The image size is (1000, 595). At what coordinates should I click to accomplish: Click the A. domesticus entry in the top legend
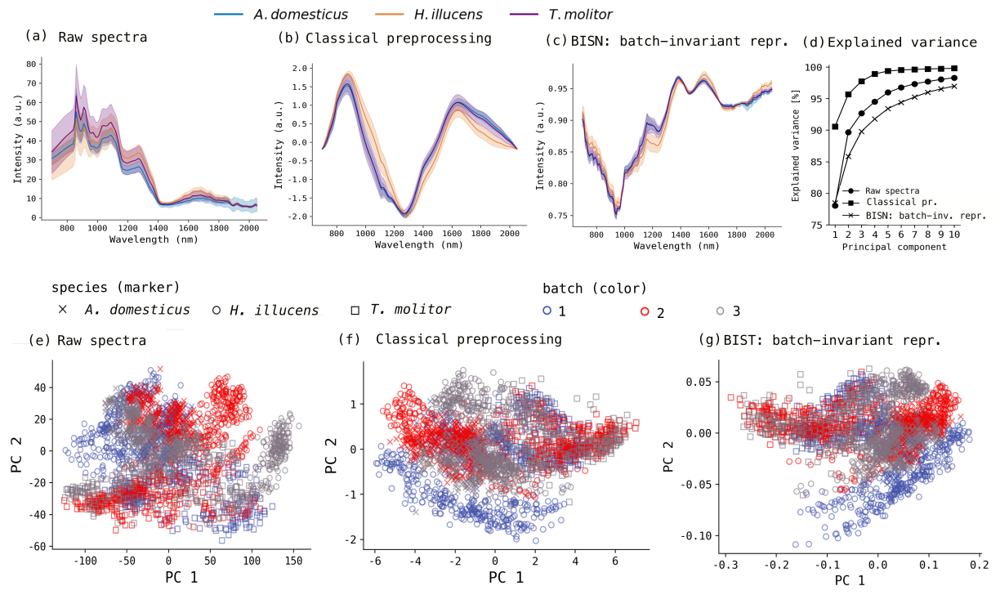[x=281, y=15]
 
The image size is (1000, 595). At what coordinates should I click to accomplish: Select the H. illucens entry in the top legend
[x=429, y=15]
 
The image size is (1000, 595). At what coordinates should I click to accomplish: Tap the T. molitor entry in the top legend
[x=561, y=15]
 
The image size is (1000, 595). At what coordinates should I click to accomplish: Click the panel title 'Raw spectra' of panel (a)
[x=103, y=37]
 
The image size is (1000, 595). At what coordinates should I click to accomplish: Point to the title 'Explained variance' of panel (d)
[x=902, y=42]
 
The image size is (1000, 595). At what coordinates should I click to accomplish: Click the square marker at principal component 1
[x=835, y=127]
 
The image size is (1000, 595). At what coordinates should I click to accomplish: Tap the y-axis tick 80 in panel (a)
[x=31, y=64]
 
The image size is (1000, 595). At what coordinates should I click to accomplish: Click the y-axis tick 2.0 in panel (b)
[x=300, y=69]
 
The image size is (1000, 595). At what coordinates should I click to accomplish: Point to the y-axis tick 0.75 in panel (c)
[x=559, y=216]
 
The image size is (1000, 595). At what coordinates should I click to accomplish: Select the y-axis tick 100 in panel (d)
[x=814, y=68]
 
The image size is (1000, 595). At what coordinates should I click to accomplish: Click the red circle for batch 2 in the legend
[x=645, y=311]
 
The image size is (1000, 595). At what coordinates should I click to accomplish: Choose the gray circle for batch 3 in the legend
[x=720, y=311]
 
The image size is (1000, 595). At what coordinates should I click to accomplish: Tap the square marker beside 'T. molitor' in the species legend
[x=355, y=311]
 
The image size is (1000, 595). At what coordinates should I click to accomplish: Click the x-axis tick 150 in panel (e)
[x=294, y=561]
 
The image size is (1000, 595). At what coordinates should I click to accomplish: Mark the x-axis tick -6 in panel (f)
[x=376, y=561]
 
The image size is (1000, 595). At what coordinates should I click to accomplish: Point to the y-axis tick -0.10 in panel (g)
[x=698, y=535]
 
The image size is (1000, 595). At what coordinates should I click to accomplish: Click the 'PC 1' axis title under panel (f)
[x=506, y=577]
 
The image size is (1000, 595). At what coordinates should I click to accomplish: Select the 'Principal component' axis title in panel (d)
[x=894, y=247]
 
